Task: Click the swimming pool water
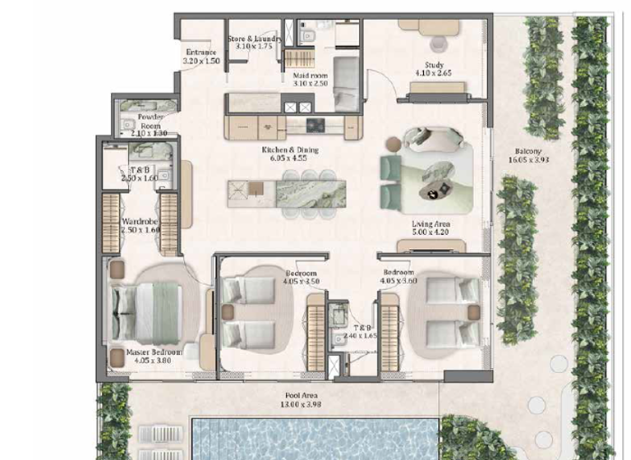[312, 439]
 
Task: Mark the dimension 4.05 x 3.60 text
[398, 280]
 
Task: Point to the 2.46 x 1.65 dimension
[359, 336]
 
